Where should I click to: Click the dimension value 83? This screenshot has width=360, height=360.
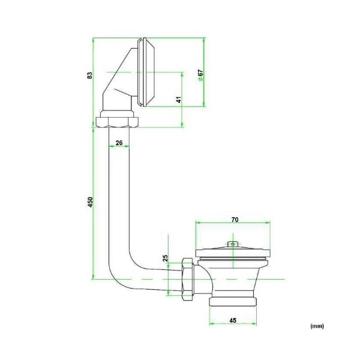pyautogui.click(x=90, y=76)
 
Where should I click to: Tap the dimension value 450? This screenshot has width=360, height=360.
pyautogui.click(x=91, y=202)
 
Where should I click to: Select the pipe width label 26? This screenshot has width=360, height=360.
pyautogui.click(x=119, y=143)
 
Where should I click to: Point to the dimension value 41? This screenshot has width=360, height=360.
pyautogui.click(x=179, y=100)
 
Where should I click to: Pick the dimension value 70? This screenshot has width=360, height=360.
pyautogui.click(x=235, y=220)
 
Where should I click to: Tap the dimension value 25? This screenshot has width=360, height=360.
pyautogui.click(x=166, y=258)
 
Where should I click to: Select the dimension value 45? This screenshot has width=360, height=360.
pyautogui.click(x=233, y=320)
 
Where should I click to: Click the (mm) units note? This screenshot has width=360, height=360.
pyautogui.click(x=317, y=326)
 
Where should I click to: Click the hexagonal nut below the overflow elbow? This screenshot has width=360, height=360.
pyautogui.click(x=117, y=122)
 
